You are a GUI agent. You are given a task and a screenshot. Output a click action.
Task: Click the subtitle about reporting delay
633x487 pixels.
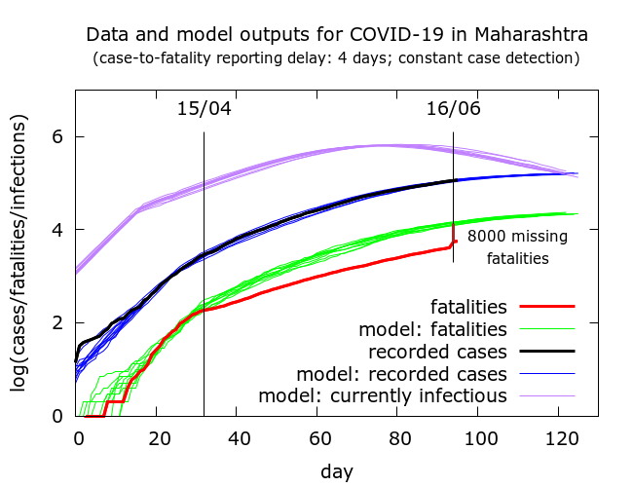tap(336, 58)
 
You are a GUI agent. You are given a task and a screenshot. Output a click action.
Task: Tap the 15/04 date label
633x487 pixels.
tap(204, 108)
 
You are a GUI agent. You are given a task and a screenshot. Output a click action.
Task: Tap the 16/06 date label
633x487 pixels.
tap(454, 108)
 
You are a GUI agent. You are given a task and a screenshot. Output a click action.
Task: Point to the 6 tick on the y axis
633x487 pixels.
tap(58, 136)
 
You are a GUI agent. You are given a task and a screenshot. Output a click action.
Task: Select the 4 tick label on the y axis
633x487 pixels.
tap(58, 230)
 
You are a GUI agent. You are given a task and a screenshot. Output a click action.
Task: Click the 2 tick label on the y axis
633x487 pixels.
tap(58, 322)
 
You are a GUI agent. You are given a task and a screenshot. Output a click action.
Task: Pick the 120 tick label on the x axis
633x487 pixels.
tap(557, 438)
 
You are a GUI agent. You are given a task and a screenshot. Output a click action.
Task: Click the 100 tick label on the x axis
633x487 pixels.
tap(477, 438)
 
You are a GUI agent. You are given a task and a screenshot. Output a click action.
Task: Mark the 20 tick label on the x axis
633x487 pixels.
tap(158, 438)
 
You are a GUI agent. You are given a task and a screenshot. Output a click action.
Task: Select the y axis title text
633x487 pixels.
tap(19, 253)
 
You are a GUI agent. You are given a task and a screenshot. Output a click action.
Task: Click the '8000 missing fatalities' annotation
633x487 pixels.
tap(517, 247)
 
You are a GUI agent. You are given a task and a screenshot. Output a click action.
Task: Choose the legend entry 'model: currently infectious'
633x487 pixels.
tap(383, 395)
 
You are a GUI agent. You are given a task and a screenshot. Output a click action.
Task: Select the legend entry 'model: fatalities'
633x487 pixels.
tap(434, 328)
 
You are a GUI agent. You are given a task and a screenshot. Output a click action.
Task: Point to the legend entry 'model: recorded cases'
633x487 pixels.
tap(402, 373)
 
